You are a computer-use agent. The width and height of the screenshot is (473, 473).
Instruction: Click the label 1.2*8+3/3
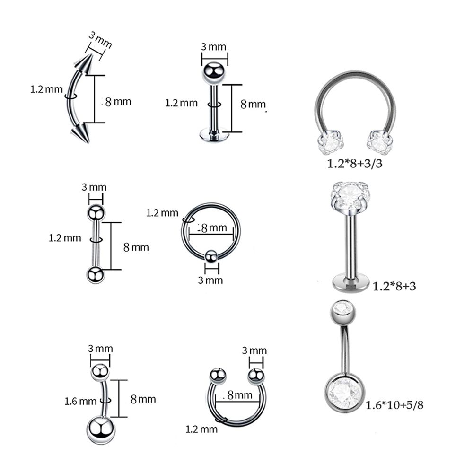point(355,164)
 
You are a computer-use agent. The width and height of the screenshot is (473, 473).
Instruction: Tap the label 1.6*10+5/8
point(394,405)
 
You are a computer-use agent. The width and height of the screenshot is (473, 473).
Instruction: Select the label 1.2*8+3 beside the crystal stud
point(394,286)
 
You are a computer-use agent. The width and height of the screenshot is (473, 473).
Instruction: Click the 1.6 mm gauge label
point(80,401)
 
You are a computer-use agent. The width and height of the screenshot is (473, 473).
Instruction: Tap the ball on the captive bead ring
point(211,257)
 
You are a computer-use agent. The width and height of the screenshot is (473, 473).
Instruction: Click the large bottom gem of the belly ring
point(344,393)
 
